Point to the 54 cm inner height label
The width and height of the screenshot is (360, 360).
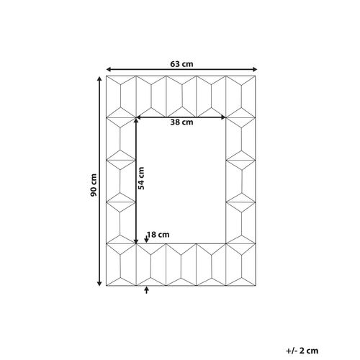point(142,179)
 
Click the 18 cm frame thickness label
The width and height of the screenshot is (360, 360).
point(158,234)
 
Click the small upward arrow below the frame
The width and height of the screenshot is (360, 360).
point(147,288)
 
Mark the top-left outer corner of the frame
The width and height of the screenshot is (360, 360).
point(106,74)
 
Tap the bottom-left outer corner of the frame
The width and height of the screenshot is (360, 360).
point(106,284)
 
